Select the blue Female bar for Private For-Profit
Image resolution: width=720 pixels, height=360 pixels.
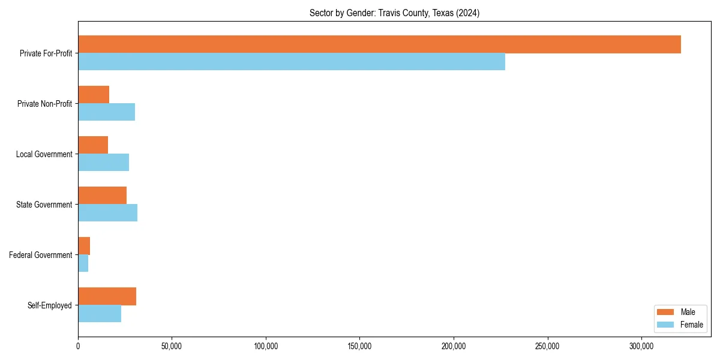pos(292,62)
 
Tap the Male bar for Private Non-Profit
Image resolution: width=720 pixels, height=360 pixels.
pos(94,95)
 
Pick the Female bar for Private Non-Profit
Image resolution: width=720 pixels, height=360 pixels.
pos(106,112)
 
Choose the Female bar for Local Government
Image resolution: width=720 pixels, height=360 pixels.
pos(103,163)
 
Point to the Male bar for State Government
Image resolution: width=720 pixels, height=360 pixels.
pos(102,196)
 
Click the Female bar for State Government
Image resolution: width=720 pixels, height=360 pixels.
pos(107,213)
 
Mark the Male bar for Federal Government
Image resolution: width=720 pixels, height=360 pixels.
pos(84,246)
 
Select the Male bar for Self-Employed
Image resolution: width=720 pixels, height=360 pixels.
pos(107,296)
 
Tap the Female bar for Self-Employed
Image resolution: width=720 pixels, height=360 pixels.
pos(100,314)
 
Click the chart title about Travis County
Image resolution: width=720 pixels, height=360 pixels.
pos(394,13)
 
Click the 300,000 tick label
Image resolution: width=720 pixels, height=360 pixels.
pos(641,346)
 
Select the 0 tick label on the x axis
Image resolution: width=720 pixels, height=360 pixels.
pos(78,346)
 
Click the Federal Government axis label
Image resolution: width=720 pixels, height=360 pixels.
pos(41,255)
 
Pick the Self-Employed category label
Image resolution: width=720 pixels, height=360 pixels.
pos(50,305)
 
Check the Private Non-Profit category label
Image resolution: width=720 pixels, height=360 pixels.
pos(44,104)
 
